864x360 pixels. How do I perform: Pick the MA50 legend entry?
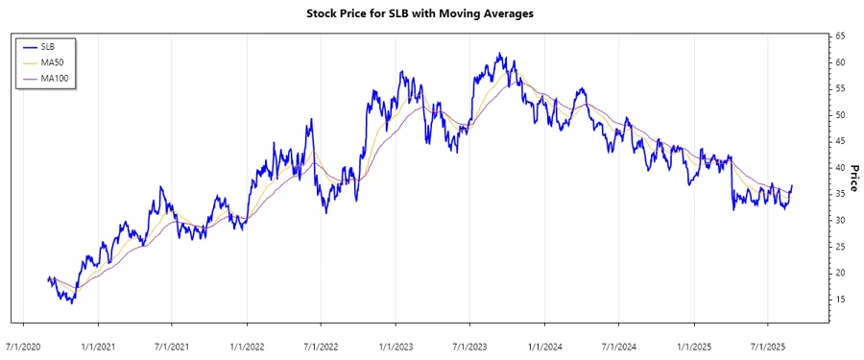tap(52, 61)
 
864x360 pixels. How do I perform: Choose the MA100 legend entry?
tap(55, 78)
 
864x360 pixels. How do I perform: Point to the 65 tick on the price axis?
tap(840, 36)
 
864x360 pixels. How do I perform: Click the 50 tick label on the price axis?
tap(840, 115)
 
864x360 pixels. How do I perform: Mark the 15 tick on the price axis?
tap(840, 300)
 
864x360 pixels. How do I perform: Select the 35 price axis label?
tap(840, 194)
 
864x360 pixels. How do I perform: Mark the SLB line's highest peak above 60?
tap(499, 54)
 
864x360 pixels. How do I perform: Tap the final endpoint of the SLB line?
tap(792, 186)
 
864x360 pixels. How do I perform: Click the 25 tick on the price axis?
tap(840, 247)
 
